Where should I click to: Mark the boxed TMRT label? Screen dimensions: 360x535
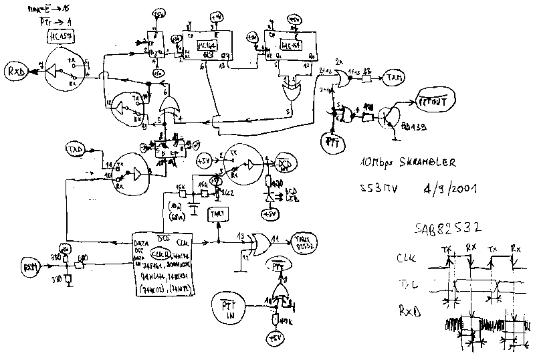coord(218,213)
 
